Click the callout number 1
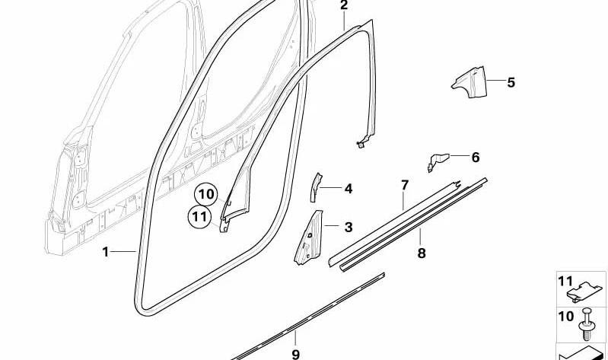click(106, 252)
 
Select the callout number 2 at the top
click(344, 5)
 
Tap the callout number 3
click(349, 227)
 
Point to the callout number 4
click(349, 189)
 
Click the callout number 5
click(511, 82)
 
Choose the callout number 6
click(476, 157)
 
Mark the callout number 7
click(405, 185)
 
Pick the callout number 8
click(422, 253)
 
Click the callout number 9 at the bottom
click(295, 354)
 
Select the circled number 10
click(207, 194)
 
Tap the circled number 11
click(199, 216)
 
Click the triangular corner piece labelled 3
click(308, 238)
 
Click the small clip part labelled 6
click(438, 161)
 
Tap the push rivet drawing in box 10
click(586, 324)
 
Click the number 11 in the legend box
click(565, 281)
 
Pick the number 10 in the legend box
click(565, 317)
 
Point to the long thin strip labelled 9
click(308, 317)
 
